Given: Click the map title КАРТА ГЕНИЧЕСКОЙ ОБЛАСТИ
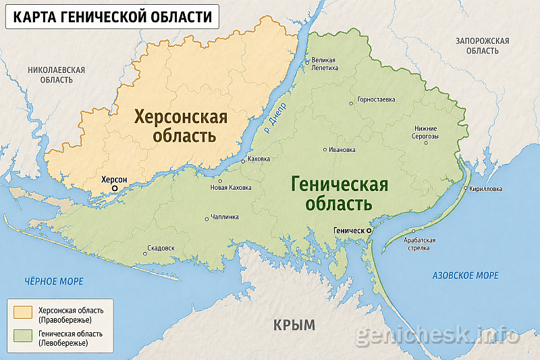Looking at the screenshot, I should [x=111, y=16].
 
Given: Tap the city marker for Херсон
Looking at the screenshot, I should [x=115, y=188].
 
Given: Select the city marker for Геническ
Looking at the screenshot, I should [x=369, y=230].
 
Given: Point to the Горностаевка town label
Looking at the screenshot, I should [x=376, y=99].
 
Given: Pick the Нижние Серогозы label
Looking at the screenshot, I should [x=427, y=132].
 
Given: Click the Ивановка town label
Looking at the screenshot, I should [x=342, y=149].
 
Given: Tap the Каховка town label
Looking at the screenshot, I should [x=259, y=159].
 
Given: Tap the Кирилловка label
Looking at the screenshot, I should [x=486, y=189].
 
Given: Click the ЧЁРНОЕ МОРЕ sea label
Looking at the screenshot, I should [x=53, y=280].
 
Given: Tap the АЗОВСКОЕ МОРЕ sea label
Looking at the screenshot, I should [x=465, y=276].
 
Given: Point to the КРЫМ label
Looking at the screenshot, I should [x=294, y=325].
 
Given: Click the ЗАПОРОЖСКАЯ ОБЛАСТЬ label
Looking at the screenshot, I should [x=482, y=46].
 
